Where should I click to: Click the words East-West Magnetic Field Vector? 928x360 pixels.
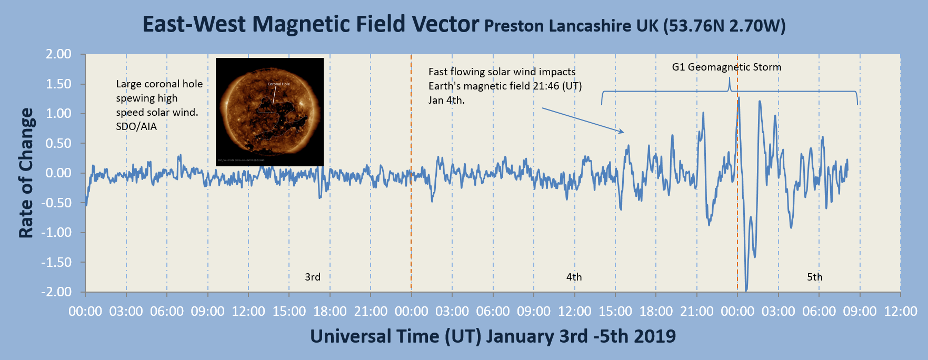tap(311, 24)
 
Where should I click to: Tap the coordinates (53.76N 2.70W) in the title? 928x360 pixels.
tap(724, 26)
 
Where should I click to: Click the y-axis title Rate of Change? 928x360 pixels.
tap(26, 173)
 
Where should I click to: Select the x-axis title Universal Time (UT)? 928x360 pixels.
tap(395, 336)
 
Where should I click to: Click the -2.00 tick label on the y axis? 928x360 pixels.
tap(57, 292)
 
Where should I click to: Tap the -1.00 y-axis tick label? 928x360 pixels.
tap(57, 233)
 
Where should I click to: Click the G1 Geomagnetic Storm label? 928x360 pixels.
tap(726, 67)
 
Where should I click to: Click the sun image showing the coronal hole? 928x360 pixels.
tap(270, 112)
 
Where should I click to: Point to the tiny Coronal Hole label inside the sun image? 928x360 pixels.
tap(278, 84)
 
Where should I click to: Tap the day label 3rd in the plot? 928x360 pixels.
tap(313, 277)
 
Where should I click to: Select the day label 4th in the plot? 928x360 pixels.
tap(574, 277)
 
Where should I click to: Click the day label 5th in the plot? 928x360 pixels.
tap(814, 277)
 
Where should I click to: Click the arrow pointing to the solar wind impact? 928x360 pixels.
tap(583, 120)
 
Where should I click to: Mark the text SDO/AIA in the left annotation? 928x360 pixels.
tap(136, 127)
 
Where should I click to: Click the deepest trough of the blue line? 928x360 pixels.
tap(746, 290)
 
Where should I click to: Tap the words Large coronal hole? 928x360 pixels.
tap(159, 84)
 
